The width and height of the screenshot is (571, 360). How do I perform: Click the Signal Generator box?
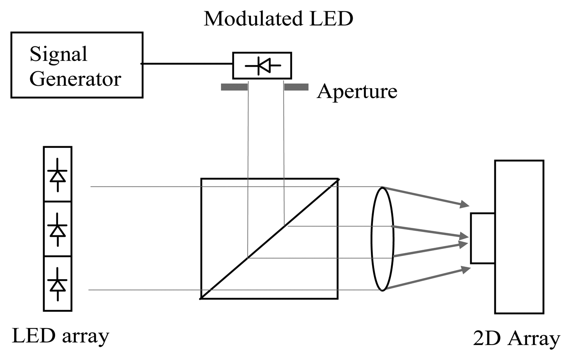point(77,65)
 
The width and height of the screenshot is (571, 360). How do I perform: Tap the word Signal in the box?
point(58,54)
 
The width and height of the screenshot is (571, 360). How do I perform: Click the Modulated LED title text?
point(278,19)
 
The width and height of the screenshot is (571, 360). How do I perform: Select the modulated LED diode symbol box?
point(262,65)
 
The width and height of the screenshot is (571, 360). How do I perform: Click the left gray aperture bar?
point(234,87)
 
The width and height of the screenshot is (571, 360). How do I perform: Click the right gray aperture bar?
point(296,87)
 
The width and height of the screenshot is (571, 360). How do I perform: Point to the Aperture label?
point(357,91)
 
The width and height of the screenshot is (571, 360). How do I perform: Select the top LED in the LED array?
point(58,174)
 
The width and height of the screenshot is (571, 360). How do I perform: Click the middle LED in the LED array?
point(58,229)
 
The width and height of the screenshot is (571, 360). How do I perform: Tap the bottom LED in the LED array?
point(58,284)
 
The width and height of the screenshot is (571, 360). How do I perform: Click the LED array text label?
point(60,336)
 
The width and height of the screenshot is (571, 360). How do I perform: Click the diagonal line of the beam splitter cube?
point(269,239)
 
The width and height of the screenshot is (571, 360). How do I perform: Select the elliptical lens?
point(382,239)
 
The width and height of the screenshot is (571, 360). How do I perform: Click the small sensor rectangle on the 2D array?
point(483,238)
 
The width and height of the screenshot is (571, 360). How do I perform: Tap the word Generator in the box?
point(75,78)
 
